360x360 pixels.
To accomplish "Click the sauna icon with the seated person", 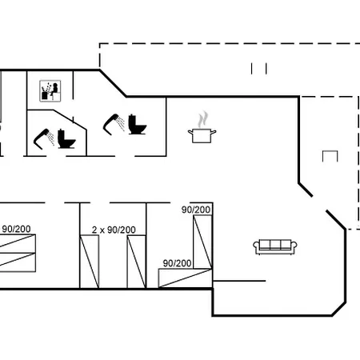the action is (x=50, y=91).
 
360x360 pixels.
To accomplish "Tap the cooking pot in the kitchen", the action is (x=202, y=135).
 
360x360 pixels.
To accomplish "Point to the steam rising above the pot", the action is (x=202, y=119).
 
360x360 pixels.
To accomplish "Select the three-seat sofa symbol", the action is (x=275, y=247).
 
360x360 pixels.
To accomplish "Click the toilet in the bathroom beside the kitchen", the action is (x=137, y=125).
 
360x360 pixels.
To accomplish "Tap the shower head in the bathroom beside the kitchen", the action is (x=114, y=124).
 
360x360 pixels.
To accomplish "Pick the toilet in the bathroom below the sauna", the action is (x=66, y=138).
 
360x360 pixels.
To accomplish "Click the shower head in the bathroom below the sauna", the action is (x=44, y=138).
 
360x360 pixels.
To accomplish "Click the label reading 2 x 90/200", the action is (x=114, y=230).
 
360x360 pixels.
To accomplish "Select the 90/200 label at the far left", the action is (x=16, y=229).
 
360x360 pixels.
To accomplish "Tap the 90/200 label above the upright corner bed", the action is (x=196, y=210).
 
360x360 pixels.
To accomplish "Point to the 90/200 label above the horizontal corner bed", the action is (x=177, y=263).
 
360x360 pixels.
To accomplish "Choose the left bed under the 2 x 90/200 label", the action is (x=90, y=262).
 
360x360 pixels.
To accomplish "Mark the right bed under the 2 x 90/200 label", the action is (x=136, y=262).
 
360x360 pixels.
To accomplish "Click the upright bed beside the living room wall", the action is (x=202, y=242).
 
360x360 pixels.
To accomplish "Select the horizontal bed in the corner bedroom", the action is (x=186, y=278).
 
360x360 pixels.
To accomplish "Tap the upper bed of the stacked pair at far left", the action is (x=18, y=244).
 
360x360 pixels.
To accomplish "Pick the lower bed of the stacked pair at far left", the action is (x=18, y=262).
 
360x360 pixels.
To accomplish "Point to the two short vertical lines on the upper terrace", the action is (x=258, y=69).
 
